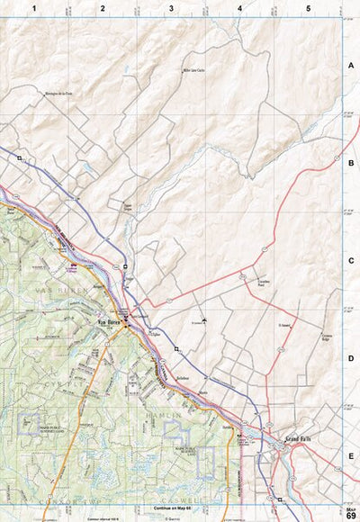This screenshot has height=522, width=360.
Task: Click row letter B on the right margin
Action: (351, 164)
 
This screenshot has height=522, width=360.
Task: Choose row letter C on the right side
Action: (351, 261)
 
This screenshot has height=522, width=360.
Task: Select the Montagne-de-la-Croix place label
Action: (59, 91)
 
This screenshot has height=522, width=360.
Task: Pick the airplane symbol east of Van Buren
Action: (205, 320)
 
